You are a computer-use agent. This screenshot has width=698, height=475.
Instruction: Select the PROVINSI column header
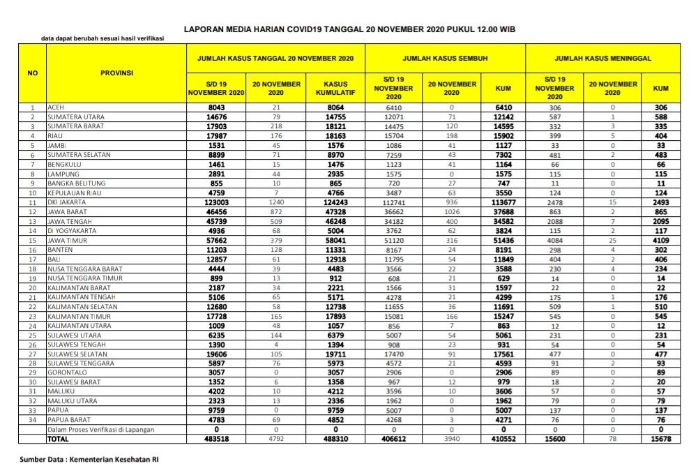click(117, 73)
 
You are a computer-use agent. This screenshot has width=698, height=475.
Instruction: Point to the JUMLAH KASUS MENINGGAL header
click(602, 59)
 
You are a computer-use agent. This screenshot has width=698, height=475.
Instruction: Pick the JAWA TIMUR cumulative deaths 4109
click(661, 240)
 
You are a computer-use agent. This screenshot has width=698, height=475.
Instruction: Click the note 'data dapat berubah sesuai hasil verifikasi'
click(103, 38)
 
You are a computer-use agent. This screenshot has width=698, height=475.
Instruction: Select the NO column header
click(32, 73)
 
